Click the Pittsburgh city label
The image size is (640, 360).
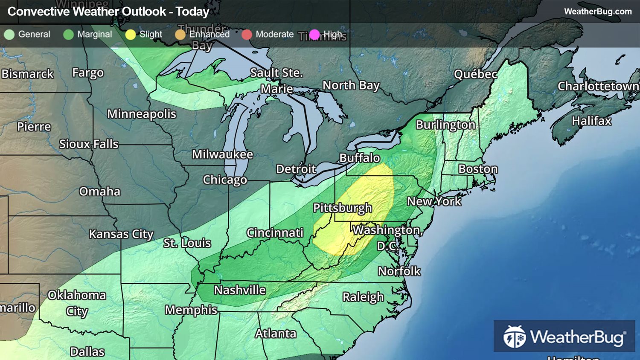pos(342,208)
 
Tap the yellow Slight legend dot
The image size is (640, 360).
pos(131,35)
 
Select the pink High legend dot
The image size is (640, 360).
pos(314,35)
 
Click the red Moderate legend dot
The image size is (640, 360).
pos(247,35)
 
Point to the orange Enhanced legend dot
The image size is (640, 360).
pos(180,35)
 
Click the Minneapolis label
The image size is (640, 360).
pos(142,114)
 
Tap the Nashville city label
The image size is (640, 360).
pos(240,290)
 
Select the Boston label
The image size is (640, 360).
pos(478,169)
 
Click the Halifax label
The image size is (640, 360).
pos(591,121)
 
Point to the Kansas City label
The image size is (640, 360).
pos(121,234)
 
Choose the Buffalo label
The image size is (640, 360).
pos(360,158)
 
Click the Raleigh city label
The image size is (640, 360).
pos(363,297)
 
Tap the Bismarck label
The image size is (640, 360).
pos(28,74)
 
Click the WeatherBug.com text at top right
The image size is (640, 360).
pos(598,12)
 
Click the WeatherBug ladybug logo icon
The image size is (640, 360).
pos(514,337)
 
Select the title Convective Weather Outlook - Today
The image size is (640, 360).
pos(108,12)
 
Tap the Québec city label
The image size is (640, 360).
pos(475,74)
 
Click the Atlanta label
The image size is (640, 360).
pos(276,333)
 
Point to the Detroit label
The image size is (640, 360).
pos(296,169)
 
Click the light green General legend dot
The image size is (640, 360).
pos(9,35)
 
